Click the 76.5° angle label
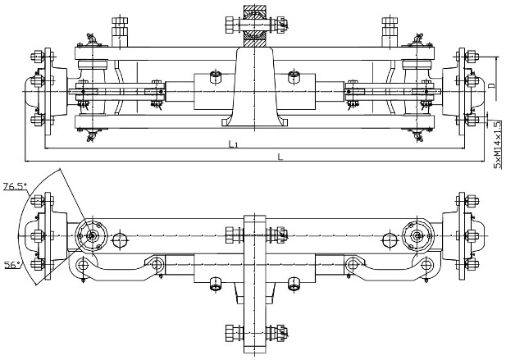[13, 187]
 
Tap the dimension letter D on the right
[492, 84]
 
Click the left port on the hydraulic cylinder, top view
[215, 78]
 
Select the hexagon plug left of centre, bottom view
[121, 240]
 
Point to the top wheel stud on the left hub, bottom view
[36, 202]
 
